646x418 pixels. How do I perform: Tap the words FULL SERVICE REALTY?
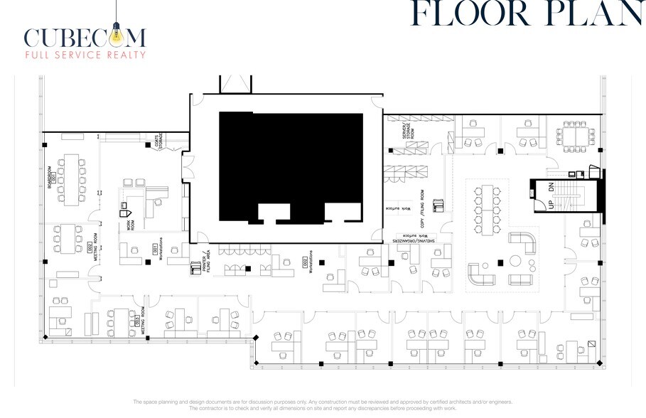(85, 55)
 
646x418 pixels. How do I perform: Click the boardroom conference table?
(72, 176)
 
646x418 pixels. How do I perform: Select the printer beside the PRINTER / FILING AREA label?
(194, 268)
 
